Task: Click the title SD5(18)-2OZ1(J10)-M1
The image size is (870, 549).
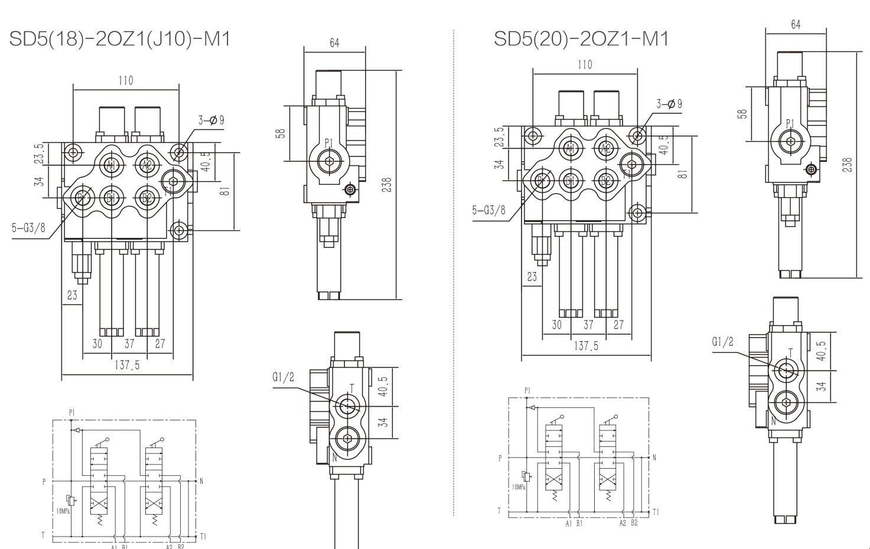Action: [119, 39]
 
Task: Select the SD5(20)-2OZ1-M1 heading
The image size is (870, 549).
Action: [581, 39]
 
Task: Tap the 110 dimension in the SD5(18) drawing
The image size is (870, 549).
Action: [126, 80]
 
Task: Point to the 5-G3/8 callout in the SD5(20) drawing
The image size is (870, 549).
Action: [489, 210]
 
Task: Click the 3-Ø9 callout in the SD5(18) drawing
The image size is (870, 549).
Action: [211, 120]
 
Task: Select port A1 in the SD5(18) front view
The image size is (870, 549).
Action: [111, 165]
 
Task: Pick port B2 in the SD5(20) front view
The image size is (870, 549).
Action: [605, 180]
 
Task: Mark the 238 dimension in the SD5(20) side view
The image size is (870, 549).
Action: [848, 164]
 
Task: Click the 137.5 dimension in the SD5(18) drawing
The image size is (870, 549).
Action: [127, 365]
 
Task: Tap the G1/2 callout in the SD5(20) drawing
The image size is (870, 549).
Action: [722, 342]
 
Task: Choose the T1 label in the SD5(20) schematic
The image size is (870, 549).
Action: [656, 512]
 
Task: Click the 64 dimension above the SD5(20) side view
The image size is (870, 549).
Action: [796, 25]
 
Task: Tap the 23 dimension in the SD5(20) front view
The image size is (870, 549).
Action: [532, 276]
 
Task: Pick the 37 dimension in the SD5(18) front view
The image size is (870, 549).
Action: [129, 344]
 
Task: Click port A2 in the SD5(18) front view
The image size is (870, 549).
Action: [147, 165]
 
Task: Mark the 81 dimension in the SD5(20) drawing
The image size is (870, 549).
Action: [683, 174]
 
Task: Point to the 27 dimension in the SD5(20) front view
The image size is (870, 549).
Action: [618, 325]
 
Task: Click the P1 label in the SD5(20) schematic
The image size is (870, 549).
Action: [527, 391]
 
